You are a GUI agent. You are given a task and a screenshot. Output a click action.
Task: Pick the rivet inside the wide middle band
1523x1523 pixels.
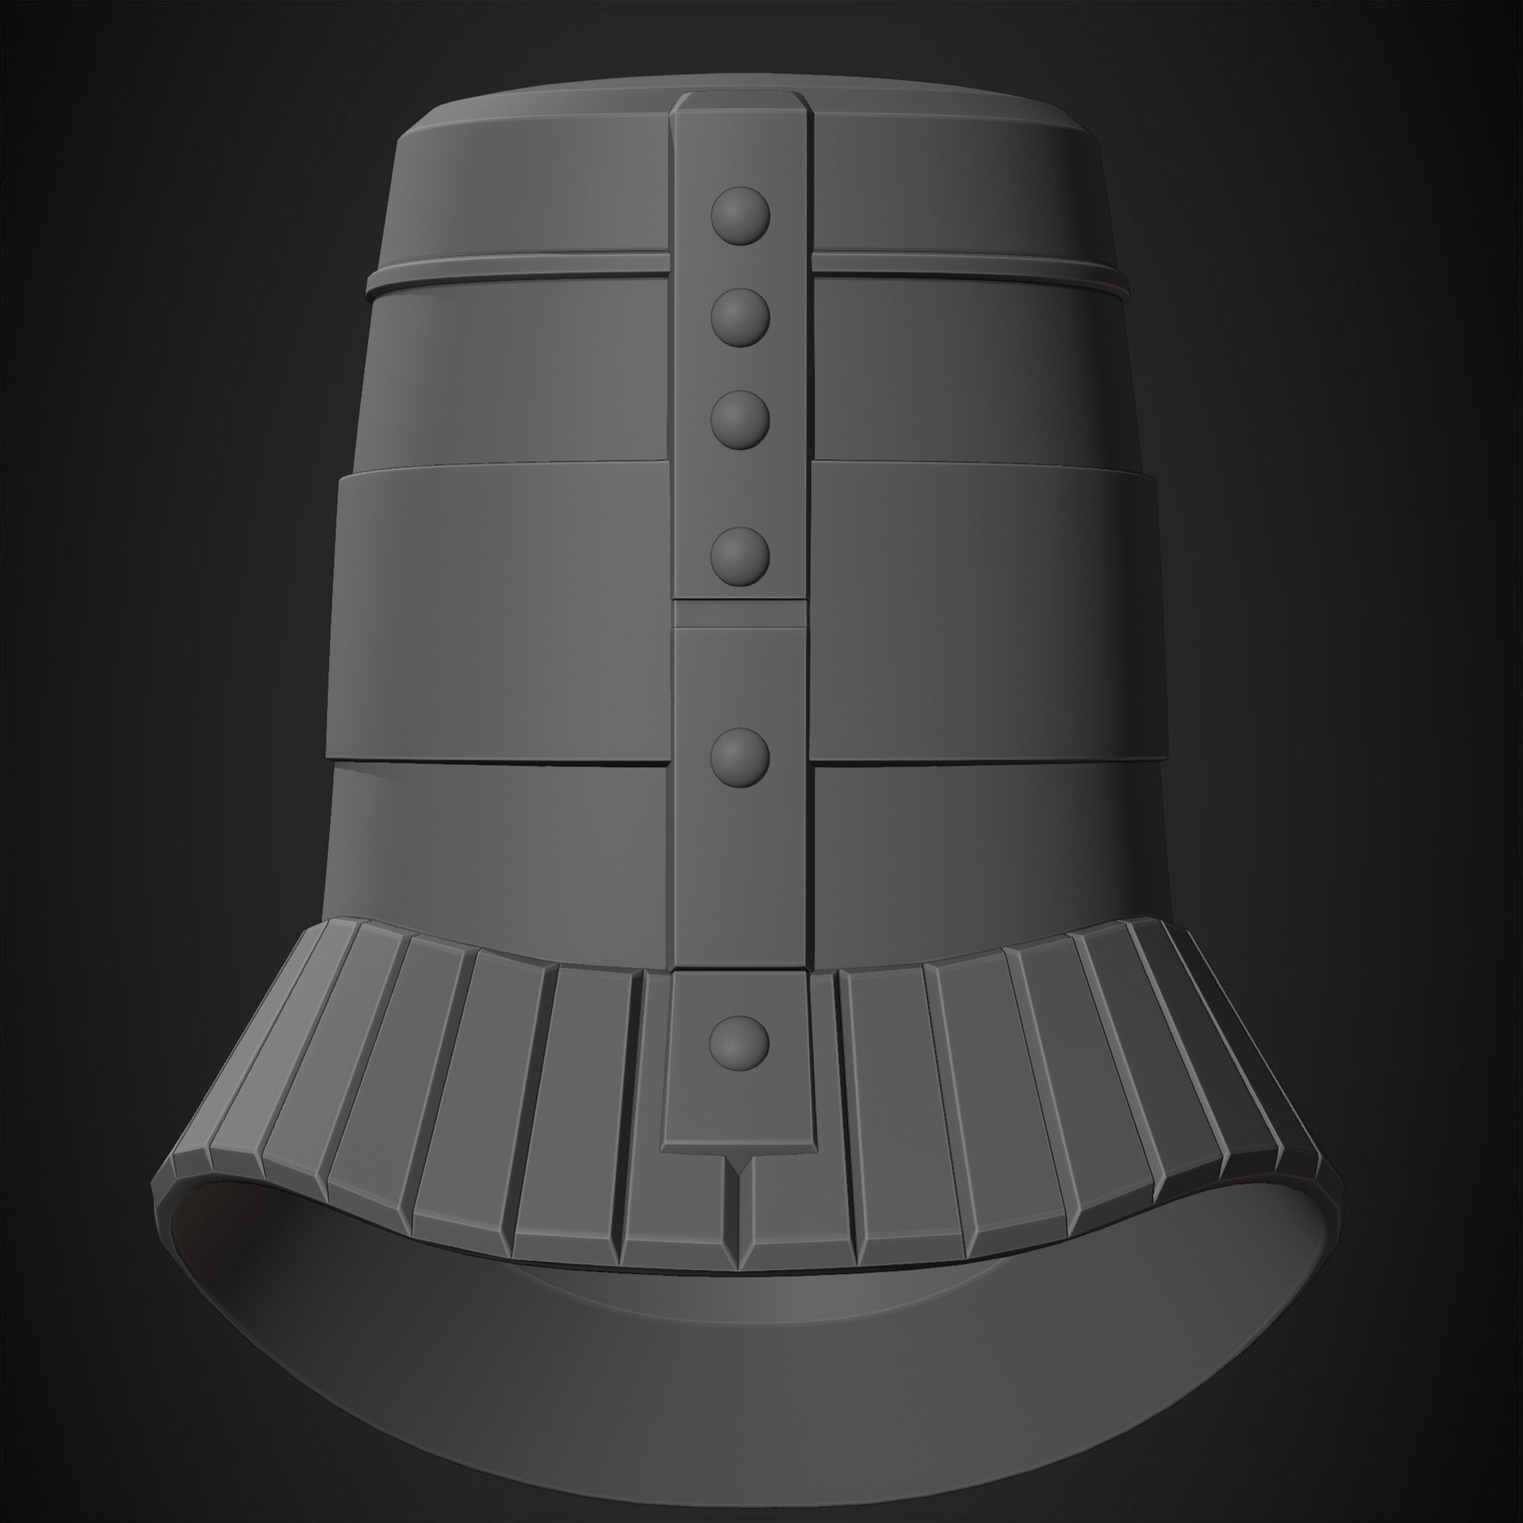click(740, 556)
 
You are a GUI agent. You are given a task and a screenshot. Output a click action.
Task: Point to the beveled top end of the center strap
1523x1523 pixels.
click(740, 102)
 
